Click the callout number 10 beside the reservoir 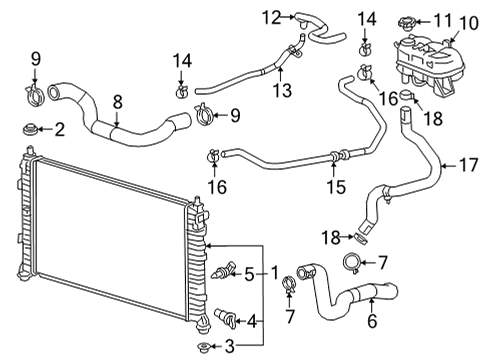tap(466, 39)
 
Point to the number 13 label tap(284, 91)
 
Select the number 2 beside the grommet tap(58, 129)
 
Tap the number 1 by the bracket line tap(274, 271)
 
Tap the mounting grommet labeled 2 tap(29, 129)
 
